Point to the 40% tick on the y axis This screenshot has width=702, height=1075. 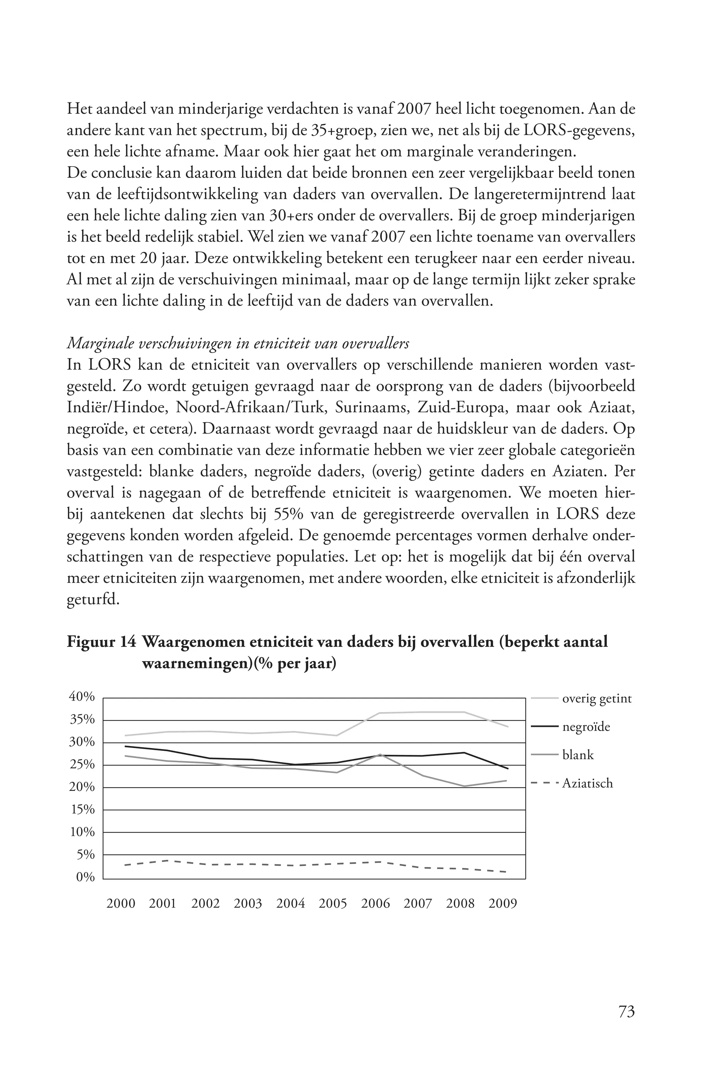point(82,697)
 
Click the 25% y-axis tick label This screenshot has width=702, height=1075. point(82,765)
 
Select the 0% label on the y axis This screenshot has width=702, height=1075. point(85,877)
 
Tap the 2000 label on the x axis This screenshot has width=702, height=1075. point(121,903)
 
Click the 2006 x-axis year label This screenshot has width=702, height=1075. point(375,903)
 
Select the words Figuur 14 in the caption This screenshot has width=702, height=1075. point(101,642)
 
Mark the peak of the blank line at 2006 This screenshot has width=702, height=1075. point(380,754)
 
